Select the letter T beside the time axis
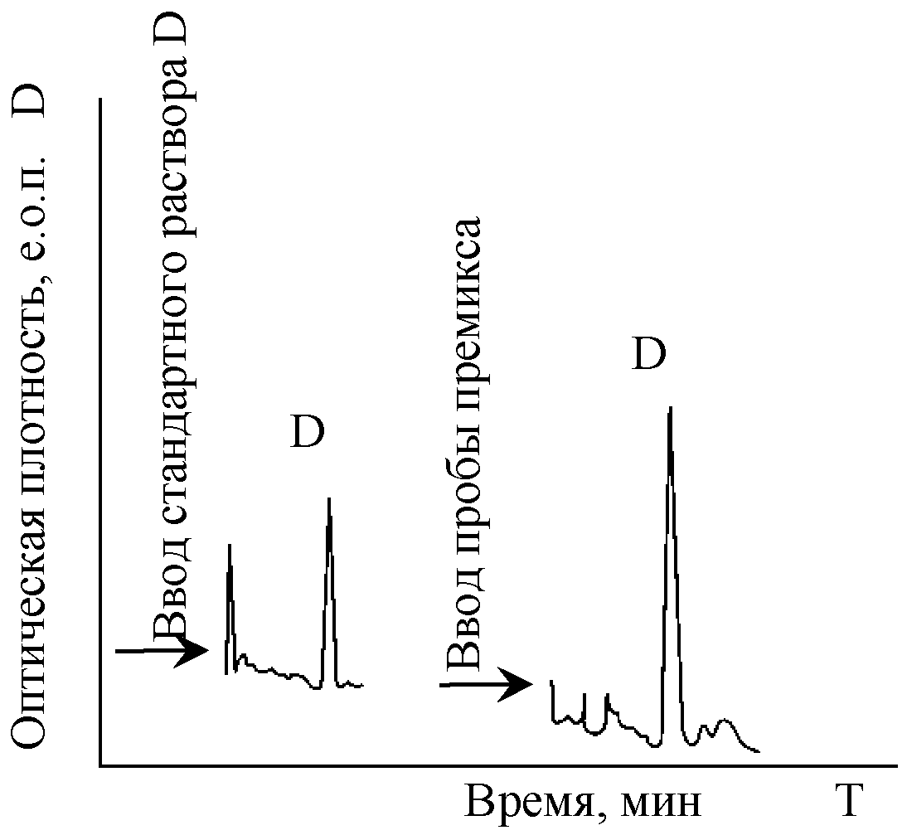point(849,802)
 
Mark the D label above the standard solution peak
point(307,432)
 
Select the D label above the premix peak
point(649,353)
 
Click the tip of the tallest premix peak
point(671,407)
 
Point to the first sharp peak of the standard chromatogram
point(230,545)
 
